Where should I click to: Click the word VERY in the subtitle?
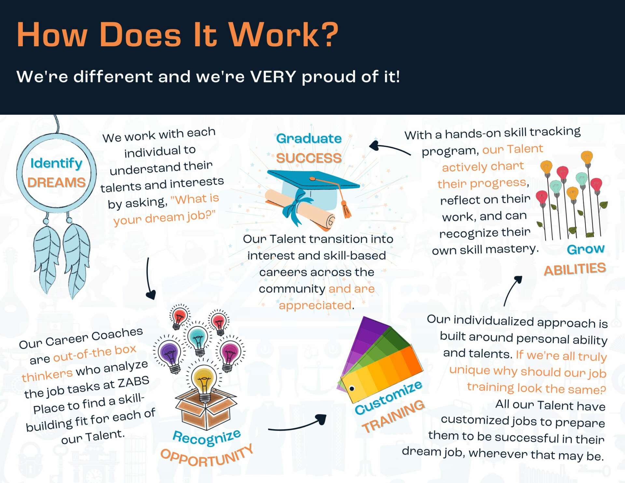pos(273,77)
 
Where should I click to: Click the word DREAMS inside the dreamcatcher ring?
pos(56,182)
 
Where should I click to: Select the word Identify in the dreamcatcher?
pos(56,163)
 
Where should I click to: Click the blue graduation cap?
pos(312,189)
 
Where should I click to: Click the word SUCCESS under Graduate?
pos(309,158)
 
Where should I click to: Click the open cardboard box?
pos(206,409)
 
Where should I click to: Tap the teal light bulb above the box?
pos(199,341)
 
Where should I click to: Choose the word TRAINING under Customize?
pos(393,417)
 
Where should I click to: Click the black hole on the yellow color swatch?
pos(352,389)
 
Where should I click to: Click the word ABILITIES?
pos(575,269)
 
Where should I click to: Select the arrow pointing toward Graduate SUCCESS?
pos(389,148)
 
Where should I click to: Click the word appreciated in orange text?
pos(315,305)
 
